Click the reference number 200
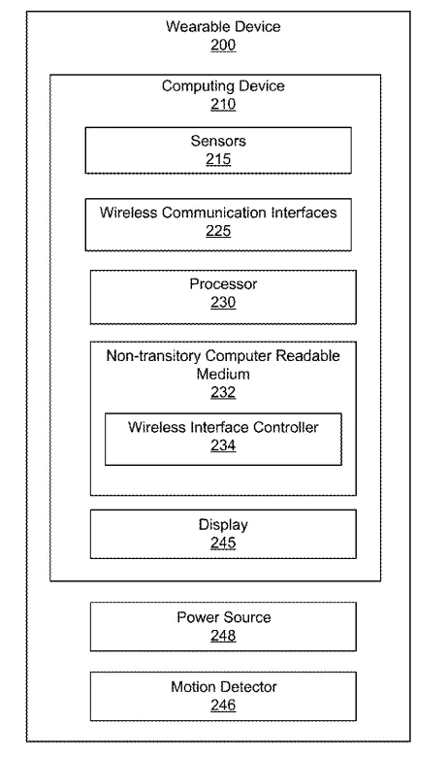click(223, 45)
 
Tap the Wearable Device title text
click(223, 26)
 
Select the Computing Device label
click(223, 86)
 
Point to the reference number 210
click(223, 104)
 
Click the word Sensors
click(218, 141)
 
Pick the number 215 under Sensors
click(218, 159)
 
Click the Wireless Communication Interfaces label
click(218, 213)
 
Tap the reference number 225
click(218, 231)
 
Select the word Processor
click(223, 283)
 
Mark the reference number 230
click(223, 302)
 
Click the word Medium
click(223, 375)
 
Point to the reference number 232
click(223, 392)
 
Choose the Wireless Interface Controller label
click(223, 427)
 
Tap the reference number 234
click(223, 445)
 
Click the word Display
click(223, 525)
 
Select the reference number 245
click(223, 543)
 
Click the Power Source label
click(223, 617)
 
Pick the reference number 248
click(223, 636)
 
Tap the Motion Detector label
click(223, 687)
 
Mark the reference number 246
click(223, 706)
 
